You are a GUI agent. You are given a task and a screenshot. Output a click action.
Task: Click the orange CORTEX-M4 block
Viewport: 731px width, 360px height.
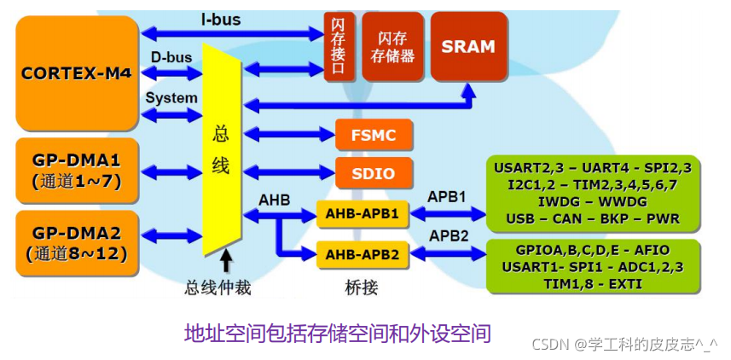coord(77,73)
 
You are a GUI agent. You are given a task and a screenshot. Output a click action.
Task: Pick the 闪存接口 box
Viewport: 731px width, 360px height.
coord(339,46)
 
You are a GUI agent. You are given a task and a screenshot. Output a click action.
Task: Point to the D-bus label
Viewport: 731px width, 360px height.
coord(171,57)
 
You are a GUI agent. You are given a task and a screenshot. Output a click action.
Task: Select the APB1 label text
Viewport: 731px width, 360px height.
coord(446,196)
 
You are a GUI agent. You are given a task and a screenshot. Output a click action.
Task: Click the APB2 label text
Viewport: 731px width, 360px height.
coord(446,235)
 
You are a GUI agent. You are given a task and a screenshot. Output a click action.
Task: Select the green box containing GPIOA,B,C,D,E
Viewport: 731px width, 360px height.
coord(592,266)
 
